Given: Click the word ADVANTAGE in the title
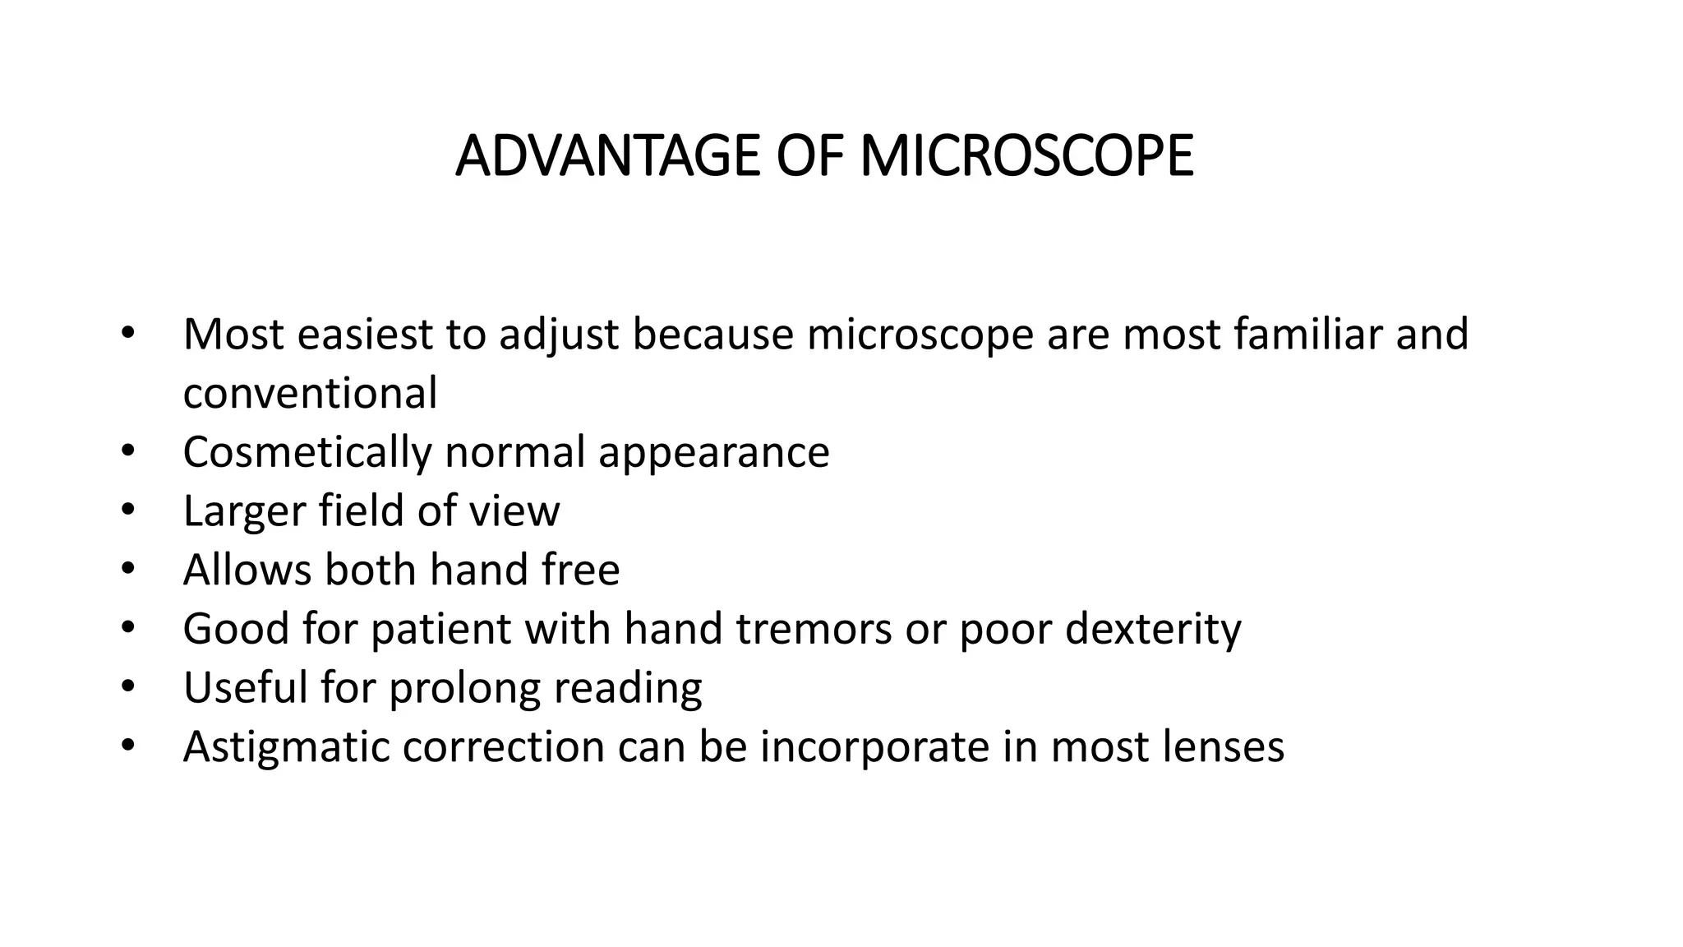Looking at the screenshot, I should (x=607, y=155).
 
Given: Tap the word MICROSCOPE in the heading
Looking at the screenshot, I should (x=1026, y=155).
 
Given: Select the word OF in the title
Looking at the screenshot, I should (x=809, y=155).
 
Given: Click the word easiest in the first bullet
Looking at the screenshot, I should (x=365, y=334).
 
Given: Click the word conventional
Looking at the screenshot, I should (x=310, y=393).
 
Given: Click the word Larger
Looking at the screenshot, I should (x=244, y=511).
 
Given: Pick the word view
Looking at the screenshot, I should (x=514, y=510).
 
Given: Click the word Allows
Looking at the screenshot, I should (x=247, y=569).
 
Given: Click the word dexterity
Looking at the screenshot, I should (x=1153, y=630).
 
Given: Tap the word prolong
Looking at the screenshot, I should (x=464, y=689).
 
